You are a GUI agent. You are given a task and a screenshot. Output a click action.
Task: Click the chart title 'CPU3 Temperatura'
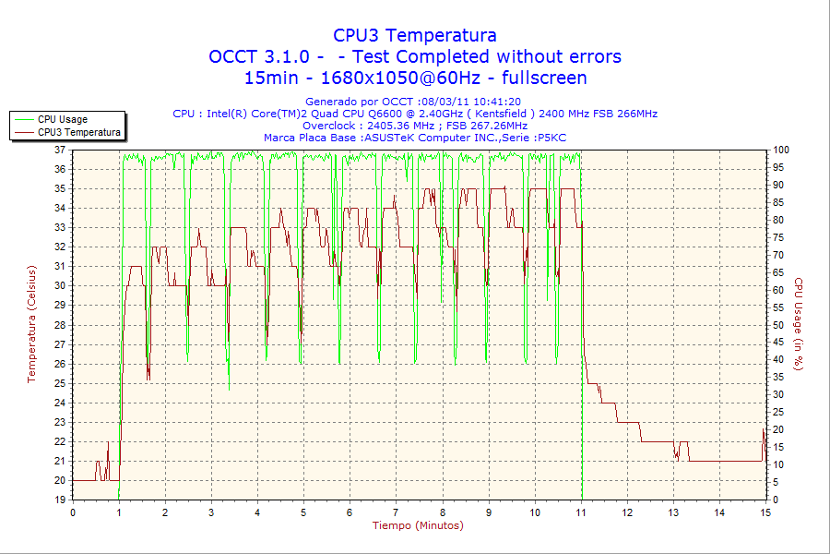point(415,35)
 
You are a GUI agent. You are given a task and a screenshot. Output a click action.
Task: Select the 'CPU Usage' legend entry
point(63,119)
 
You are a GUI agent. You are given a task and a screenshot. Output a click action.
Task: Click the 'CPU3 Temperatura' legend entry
point(78,132)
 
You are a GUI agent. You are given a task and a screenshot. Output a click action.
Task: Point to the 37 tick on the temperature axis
point(60,150)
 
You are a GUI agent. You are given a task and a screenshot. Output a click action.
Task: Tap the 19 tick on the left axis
point(60,500)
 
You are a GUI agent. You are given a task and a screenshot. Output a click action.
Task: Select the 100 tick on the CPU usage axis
point(779,150)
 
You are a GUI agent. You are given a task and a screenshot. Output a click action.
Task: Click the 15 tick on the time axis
point(765,512)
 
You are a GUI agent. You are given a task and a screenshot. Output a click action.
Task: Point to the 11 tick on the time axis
point(581,512)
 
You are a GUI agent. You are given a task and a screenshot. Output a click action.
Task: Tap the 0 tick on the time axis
point(74,512)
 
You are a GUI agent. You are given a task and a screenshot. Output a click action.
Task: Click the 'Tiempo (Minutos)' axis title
point(418,525)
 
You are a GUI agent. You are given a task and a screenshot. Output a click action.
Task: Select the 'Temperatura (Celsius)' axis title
point(31,324)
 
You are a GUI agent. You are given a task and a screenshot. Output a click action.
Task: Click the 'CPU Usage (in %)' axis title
point(799,324)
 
